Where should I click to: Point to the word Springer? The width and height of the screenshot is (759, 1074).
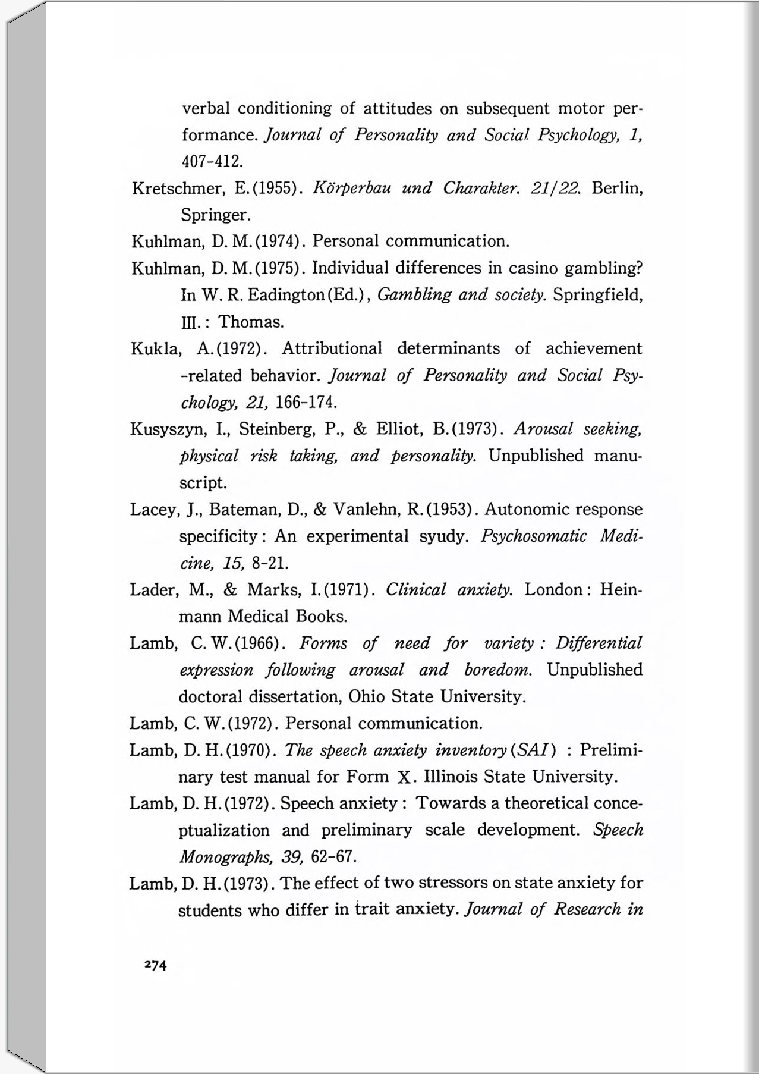[215, 215]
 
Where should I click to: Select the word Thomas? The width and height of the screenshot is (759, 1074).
[251, 322]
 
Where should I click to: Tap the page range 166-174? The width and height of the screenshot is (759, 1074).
[307, 402]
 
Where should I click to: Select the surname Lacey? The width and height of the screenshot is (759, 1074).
[155, 510]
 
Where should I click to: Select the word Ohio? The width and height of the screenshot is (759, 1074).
[367, 696]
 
